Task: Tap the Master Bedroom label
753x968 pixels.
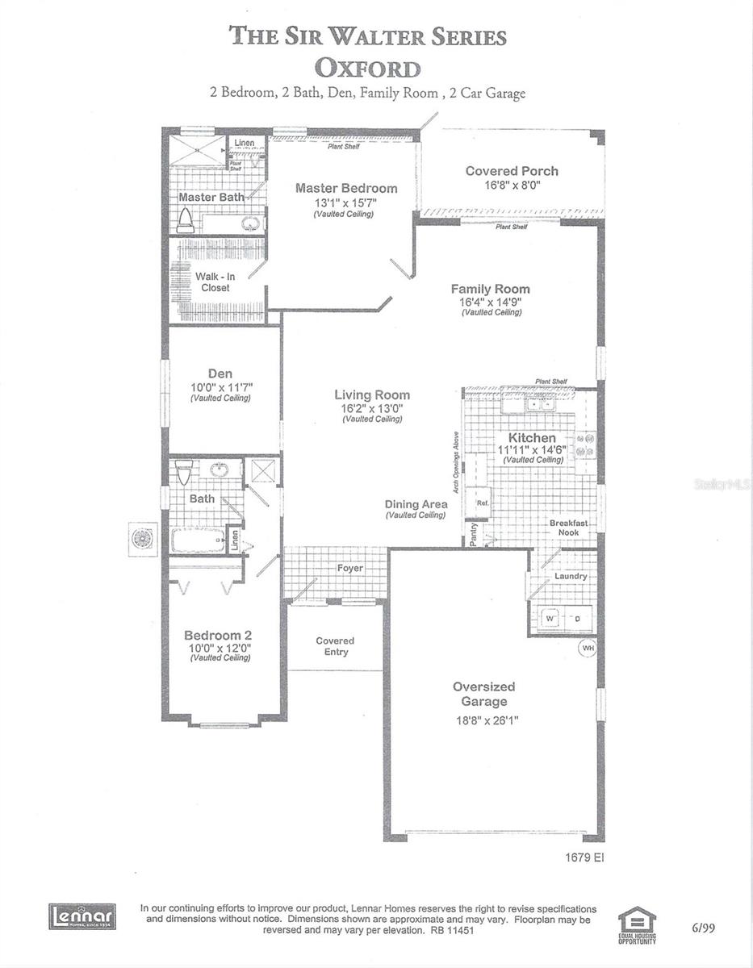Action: pos(346,188)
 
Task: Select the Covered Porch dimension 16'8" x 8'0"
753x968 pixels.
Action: pos(512,185)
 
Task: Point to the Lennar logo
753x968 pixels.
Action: pos(82,916)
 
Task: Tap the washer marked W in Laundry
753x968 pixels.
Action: pos(550,618)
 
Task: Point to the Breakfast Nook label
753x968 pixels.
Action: pos(568,528)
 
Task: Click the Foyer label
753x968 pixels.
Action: pos(349,568)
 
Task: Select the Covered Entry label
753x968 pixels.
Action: pos(336,646)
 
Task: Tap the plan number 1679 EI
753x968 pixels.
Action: pos(584,857)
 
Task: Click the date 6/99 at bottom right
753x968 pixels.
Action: pos(703,928)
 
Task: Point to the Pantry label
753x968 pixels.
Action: pos(475,535)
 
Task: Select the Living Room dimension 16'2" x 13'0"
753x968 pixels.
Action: pos(372,408)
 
